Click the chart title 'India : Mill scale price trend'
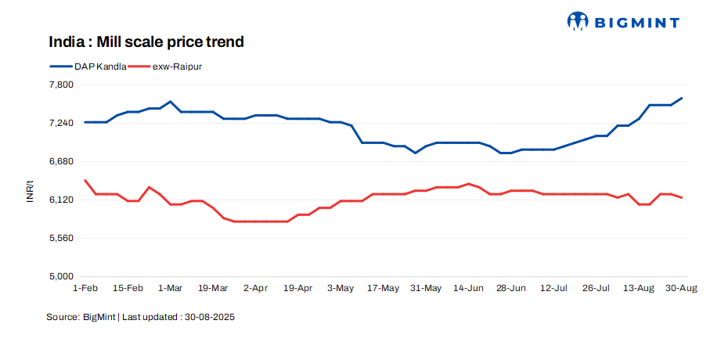[x=146, y=41]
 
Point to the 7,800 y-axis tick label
[x=61, y=85]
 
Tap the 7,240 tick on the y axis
[x=61, y=123]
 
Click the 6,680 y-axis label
[x=61, y=161]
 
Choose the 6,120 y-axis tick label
[x=61, y=200]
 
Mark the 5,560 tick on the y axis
[x=61, y=238]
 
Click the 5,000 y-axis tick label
[x=61, y=276]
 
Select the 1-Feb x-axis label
[x=85, y=289]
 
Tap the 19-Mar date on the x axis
[x=213, y=289]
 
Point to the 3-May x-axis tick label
[x=341, y=289]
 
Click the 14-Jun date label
[x=468, y=289]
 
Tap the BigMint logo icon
[x=578, y=21]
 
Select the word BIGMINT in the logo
[x=637, y=23]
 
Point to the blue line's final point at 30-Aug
[x=681, y=98]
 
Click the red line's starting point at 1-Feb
[x=85, y=180]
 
